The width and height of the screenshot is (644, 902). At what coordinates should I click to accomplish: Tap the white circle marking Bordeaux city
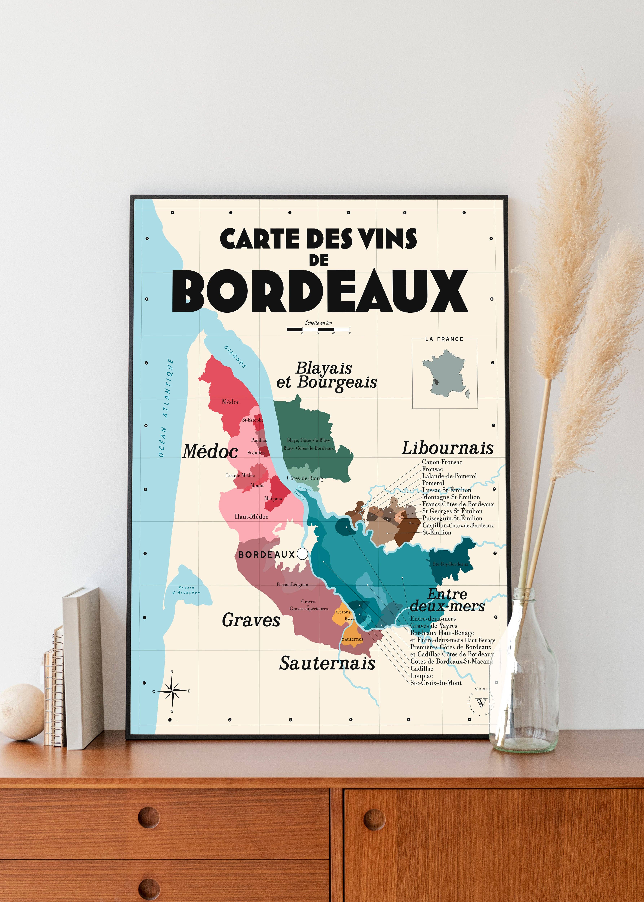pos(302,554)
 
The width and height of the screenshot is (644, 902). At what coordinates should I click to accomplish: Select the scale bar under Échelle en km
pos(318,329)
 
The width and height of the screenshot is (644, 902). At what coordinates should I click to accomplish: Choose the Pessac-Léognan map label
pos(292,584)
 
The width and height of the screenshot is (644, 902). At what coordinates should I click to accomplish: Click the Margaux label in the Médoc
pos(273,498)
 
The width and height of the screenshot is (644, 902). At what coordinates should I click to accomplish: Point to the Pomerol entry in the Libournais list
pos(433,483)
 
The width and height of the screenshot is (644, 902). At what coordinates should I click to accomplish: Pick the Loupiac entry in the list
pos(421,676)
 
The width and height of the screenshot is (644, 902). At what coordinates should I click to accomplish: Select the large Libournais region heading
pos(447,448)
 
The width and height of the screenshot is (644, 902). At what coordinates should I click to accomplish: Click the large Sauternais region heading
pos(327,663)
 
